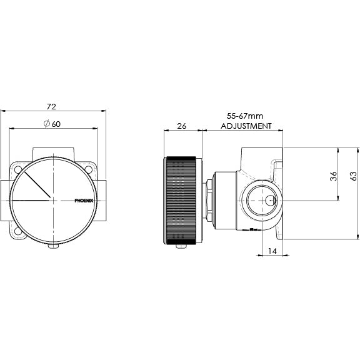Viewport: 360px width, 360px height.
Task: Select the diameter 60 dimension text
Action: coord(52,124)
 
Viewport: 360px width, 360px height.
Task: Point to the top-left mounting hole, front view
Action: coord(17,169)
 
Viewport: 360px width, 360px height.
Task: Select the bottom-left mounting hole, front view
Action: coord(17,231)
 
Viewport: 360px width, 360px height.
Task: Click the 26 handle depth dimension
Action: coord(182,126)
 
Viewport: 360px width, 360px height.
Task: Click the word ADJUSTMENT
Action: coord(247,126)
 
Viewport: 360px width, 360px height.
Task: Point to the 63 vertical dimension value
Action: coord(352,176)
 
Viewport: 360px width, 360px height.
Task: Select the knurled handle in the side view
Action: coord(182,199)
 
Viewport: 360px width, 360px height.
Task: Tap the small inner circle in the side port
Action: coord(269,200)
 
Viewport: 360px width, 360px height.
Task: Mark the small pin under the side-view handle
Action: coord(182,246)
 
